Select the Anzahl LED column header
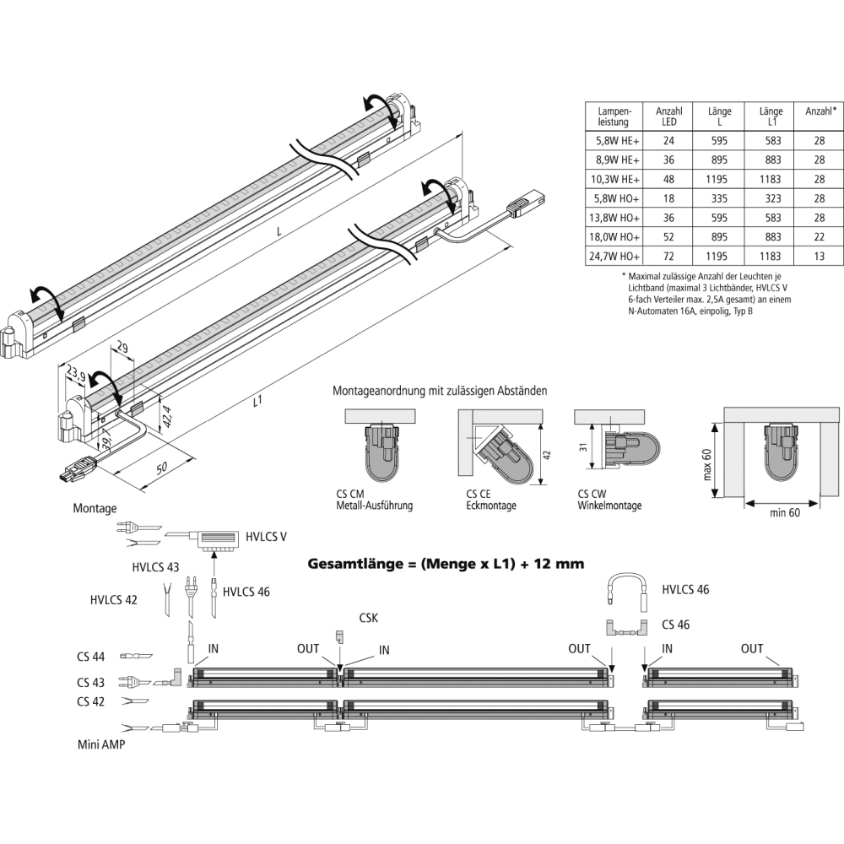click(669, 116)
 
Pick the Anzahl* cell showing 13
click(819, 256)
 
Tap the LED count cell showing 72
click(669, 256)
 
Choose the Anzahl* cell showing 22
click(819, 236)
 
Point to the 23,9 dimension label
click(75, 372)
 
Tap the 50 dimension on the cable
click(161, 469)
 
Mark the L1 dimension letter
click(258, 403)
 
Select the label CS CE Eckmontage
click(490, 500)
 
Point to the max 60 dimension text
click(707, 463)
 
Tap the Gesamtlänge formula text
click(446, 563)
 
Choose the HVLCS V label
click(267, 537)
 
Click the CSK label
click(368, 618)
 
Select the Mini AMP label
click(100, 745)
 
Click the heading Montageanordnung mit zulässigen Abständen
click(440, 392)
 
